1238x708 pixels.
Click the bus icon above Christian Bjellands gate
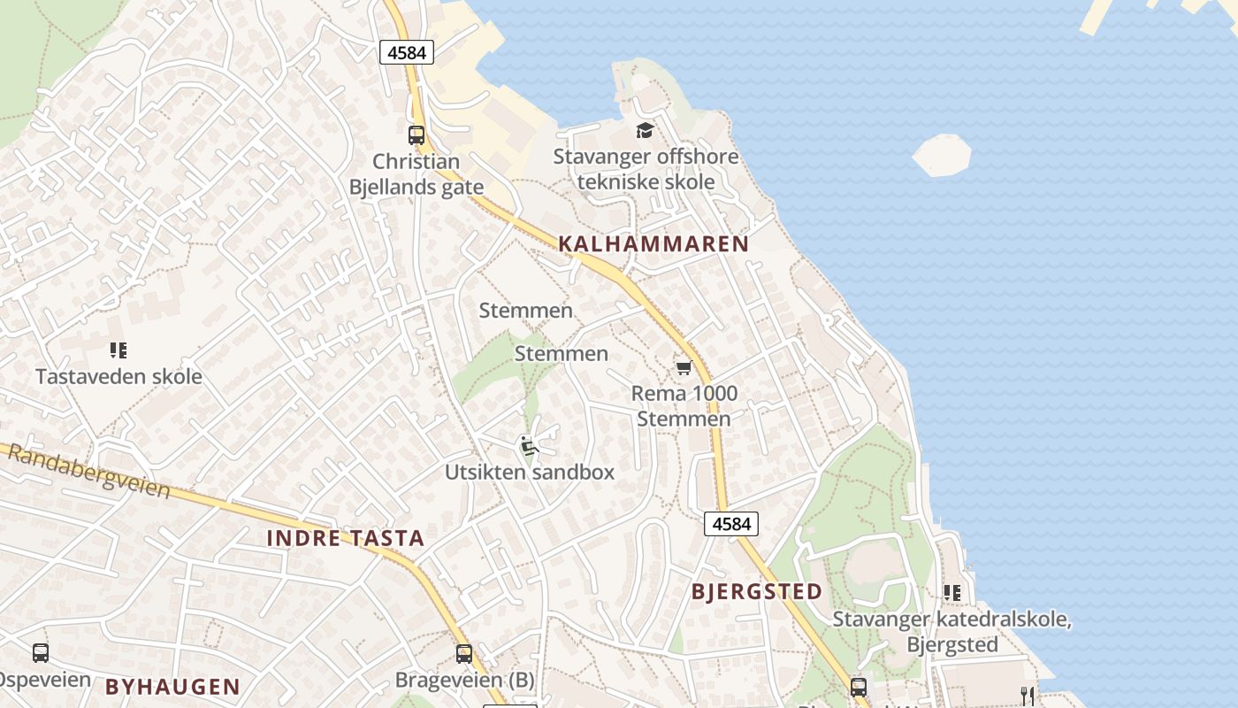[416, 135]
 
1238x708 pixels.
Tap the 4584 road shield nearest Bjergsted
[731, 524]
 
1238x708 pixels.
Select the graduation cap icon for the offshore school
[646, 131]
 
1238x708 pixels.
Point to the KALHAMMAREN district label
[653, 244]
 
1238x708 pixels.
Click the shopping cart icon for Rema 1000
[683, 367]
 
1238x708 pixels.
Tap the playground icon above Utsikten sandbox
[529, 446]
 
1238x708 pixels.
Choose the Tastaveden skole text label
[118, 376]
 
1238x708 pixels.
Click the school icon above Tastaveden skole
[118, 350]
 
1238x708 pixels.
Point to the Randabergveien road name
[88, 470]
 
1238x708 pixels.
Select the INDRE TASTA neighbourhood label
[346, 538]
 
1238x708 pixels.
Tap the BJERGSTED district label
[757, 592]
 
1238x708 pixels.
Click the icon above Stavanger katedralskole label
[951, 592]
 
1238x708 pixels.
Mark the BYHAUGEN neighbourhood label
[172, 686]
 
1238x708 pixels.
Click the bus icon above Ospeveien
[41, 653]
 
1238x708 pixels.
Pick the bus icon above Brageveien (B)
[464, 654]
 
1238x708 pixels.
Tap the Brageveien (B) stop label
[464, 680]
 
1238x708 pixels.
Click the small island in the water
[942, 155]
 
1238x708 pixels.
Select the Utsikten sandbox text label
[529, 472]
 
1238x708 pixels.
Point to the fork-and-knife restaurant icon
[1027, 696]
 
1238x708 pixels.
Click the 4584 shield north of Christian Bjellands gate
[407, 52]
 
